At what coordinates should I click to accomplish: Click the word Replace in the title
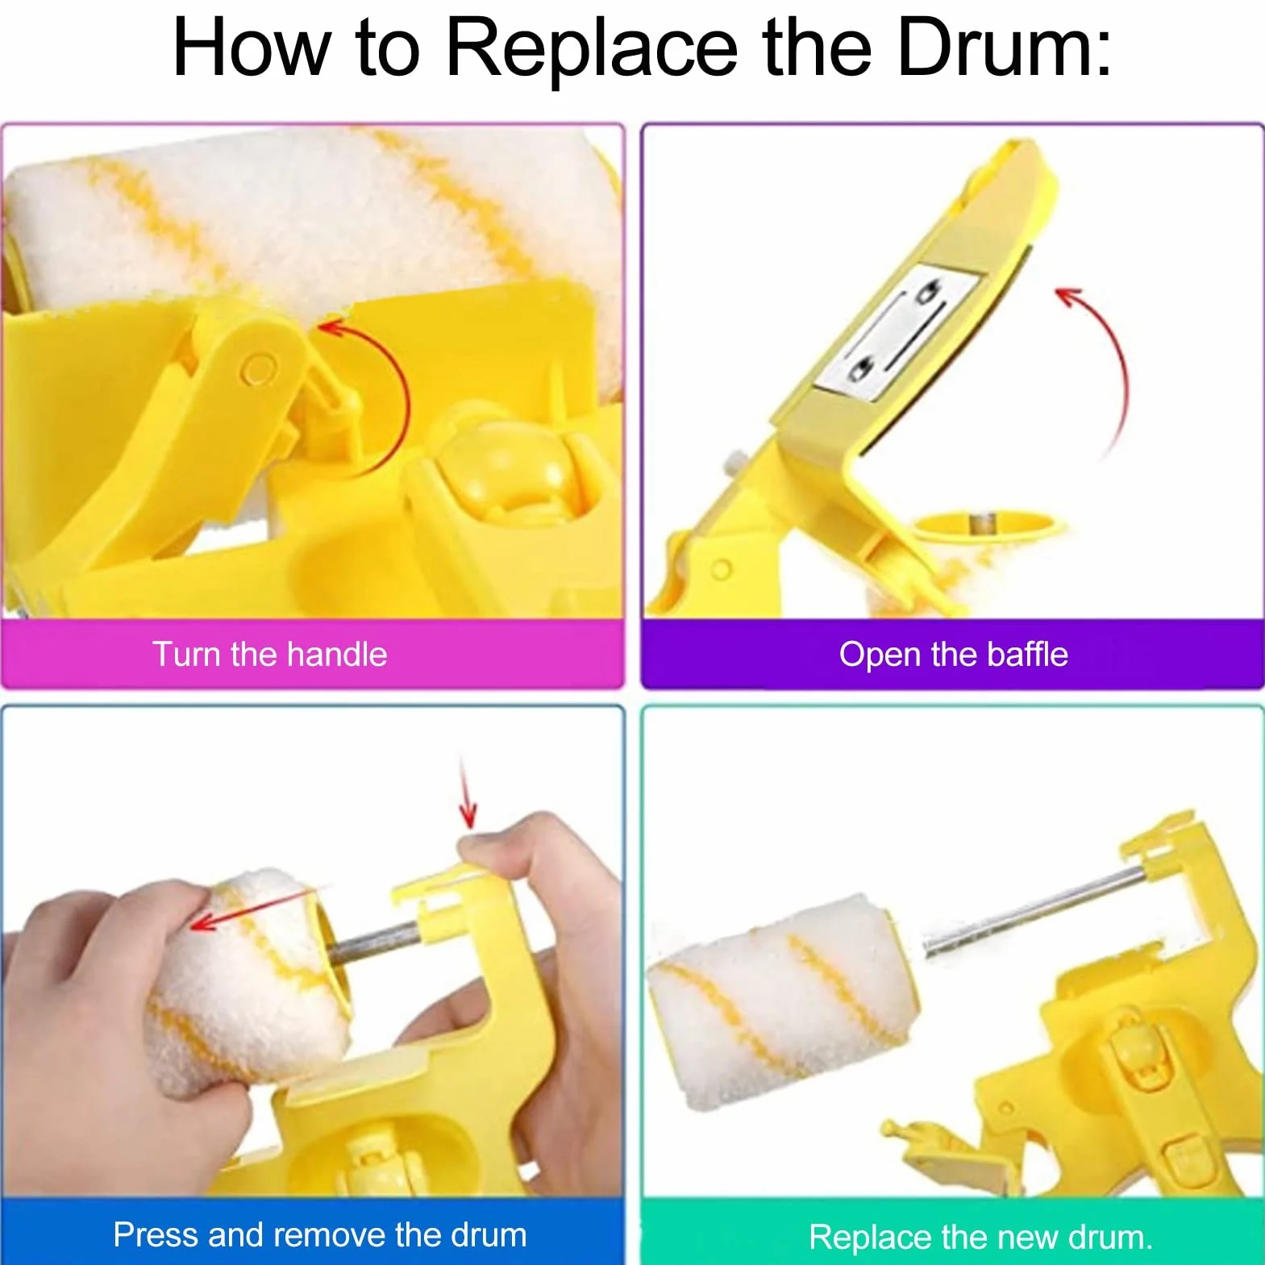591,51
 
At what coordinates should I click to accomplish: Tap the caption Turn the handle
270,654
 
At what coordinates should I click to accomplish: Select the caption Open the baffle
953,654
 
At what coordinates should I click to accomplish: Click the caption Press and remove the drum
320,1234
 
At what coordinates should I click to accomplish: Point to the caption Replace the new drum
980,1237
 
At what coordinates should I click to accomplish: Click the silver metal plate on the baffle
897,331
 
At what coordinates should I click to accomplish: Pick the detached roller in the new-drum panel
782,1000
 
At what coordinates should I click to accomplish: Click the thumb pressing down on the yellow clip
500,847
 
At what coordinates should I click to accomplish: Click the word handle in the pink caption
337,654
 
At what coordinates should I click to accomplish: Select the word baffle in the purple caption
1027,654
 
